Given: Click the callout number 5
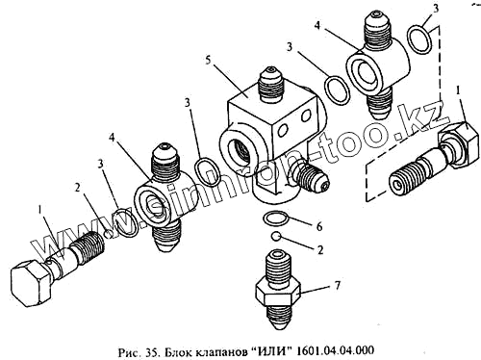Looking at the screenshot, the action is [208, 61].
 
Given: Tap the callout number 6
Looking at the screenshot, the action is [319, 227].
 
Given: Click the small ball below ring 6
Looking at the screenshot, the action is [275, 237].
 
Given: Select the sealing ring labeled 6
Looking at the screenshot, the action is [275, 219].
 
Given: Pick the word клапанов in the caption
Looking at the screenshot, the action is [220, 351].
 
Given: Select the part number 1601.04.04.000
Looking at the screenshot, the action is [335, 350].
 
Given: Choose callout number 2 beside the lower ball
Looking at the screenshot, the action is [320, 249].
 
